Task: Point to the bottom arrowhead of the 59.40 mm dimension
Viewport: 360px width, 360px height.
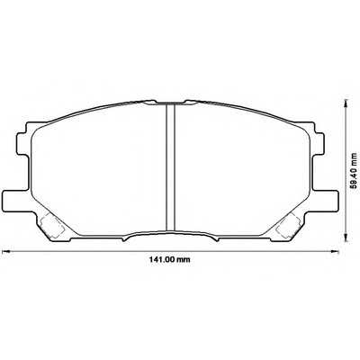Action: (343, 242)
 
